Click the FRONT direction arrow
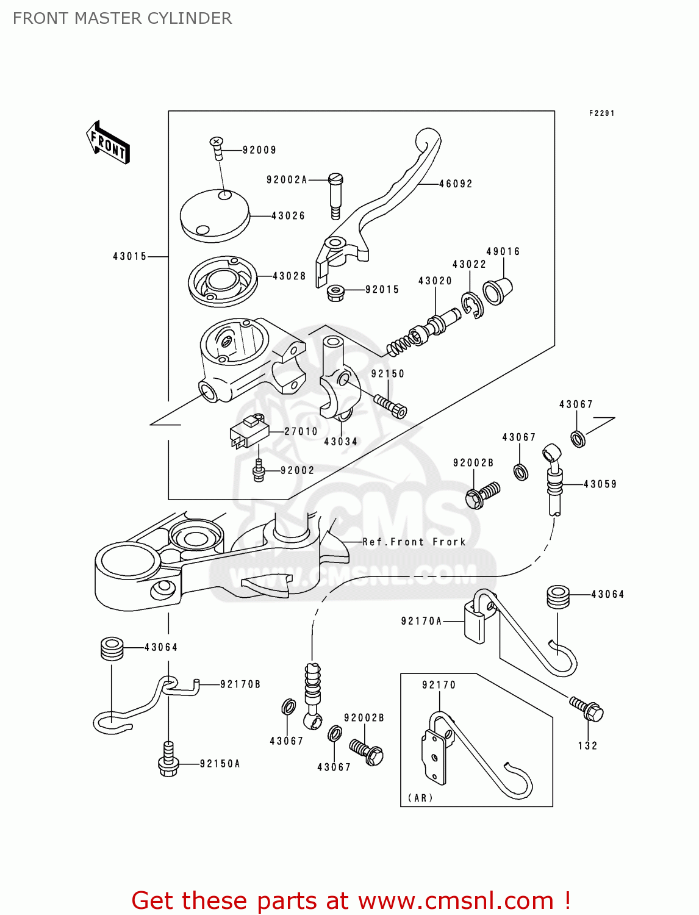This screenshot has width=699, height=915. [x=108, y=143]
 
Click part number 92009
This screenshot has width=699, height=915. [x=259, y=150]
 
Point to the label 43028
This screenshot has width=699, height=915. [x=289, y=276]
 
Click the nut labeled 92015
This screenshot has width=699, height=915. [x=334, y=292]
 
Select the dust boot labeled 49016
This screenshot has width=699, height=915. [x=496, y=291]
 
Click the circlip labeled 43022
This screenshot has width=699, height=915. [x=471, y=305]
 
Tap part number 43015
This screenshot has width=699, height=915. [x=130, y=257]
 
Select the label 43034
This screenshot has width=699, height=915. [x=340, y=442]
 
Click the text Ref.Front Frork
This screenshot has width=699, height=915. [x=414, y=542]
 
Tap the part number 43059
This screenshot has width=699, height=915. [x=600, y=484]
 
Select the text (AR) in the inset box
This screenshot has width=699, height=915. [x=420, y=798]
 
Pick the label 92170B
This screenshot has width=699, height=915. [x=240, y=684]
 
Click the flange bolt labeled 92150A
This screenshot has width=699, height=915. [x=168, y=759]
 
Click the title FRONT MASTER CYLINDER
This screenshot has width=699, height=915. [x=122, y=18]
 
